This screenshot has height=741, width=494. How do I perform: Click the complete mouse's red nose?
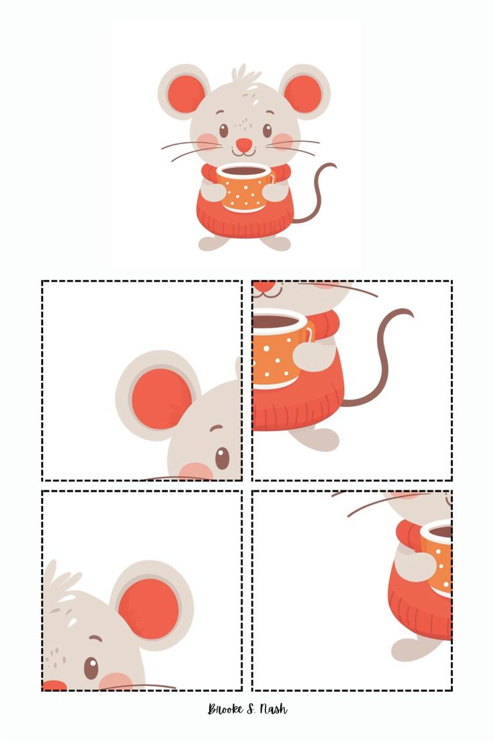point(243,144)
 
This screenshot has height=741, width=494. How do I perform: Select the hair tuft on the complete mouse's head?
point(245,74)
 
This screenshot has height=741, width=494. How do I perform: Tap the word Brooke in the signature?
point(225,709)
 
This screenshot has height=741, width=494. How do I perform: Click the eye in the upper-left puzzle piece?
point(222,458)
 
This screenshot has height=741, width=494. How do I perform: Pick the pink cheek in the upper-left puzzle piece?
point(196,471)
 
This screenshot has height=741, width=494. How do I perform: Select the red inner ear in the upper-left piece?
point(161,399)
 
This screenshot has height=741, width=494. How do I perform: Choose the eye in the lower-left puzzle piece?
point(91,668)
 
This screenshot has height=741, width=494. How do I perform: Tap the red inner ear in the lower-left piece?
point(149,609)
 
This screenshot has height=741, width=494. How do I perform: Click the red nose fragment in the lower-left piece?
point(54,686)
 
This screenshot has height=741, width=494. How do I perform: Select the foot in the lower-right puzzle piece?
point(412,650)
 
